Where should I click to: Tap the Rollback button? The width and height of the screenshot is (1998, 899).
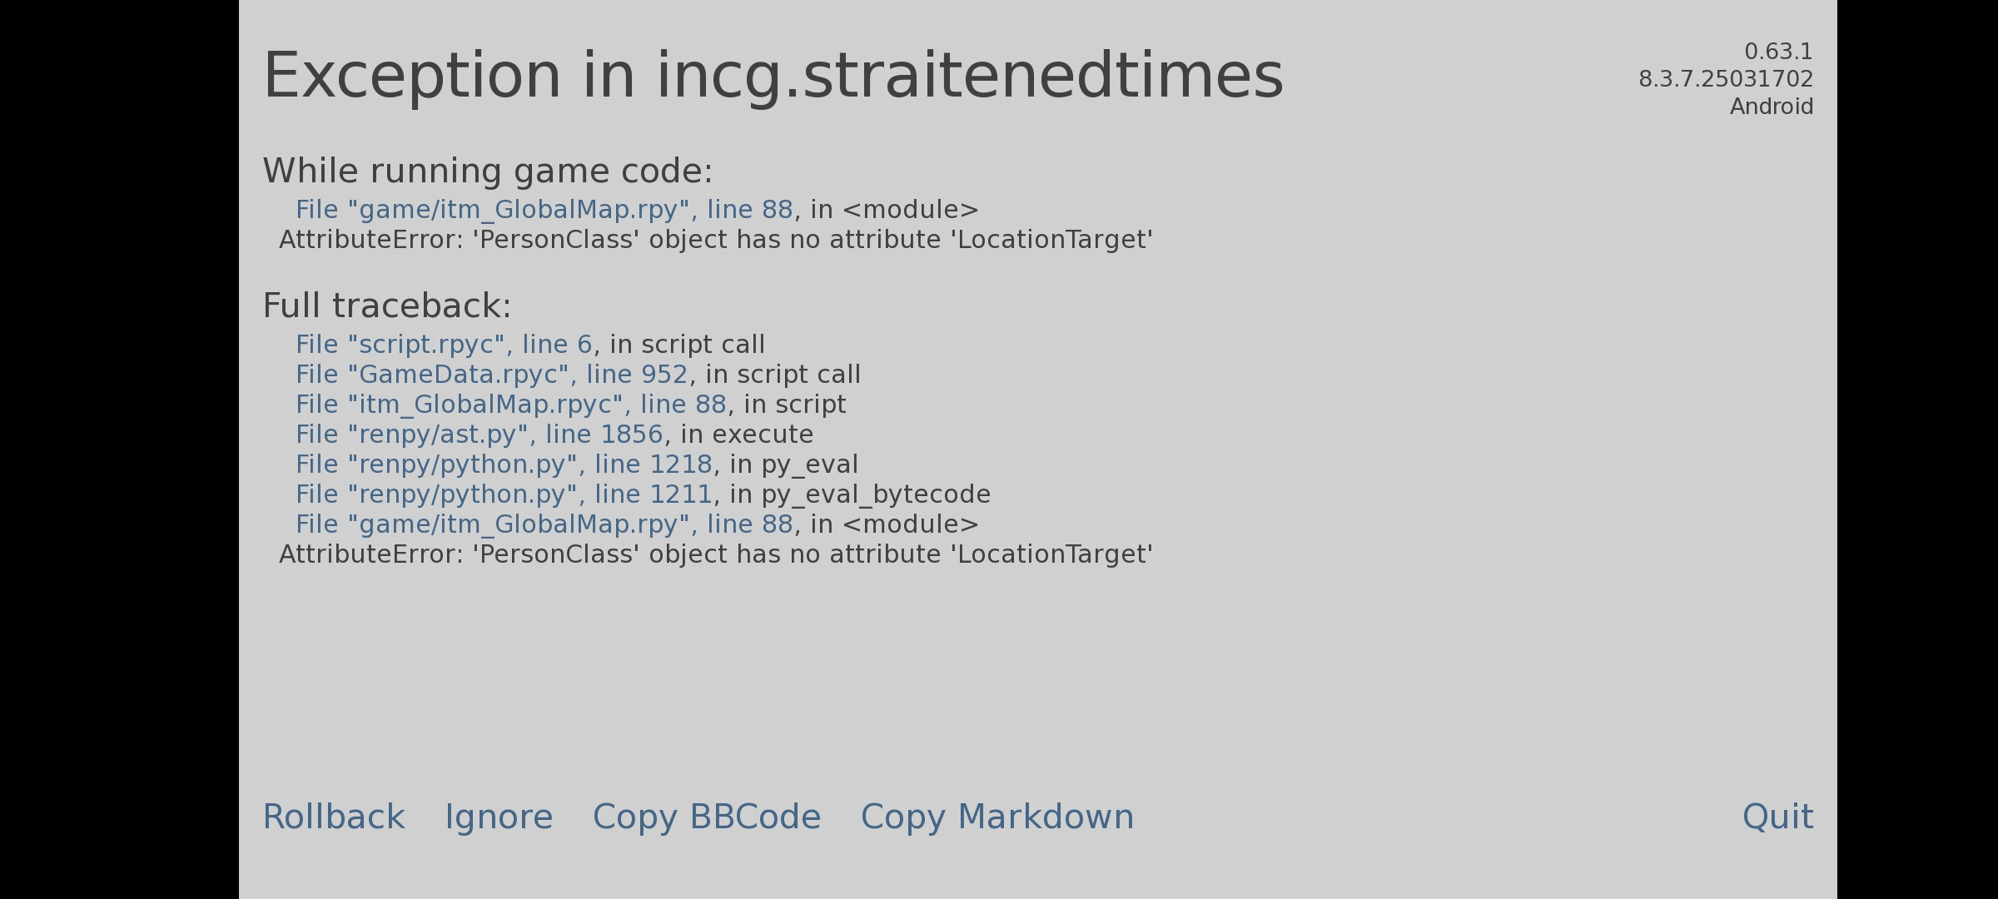tap(334, 817)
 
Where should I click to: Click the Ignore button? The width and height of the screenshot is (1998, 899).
tap(499, 817)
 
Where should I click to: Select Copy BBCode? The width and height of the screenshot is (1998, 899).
tap(707, 817)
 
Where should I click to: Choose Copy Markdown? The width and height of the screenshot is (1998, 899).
tap(997, 817)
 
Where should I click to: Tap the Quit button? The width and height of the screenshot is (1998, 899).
tap(1777, 817)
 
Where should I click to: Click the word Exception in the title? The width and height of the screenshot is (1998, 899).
tap(413, 77)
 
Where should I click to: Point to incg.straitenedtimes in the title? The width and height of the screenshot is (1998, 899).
tap(970, 77)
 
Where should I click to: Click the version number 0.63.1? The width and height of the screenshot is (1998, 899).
tap(1778, 52)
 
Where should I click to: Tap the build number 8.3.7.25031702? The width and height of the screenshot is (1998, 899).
tap(1726, 79)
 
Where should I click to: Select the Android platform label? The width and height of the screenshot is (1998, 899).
tap(1772, 107)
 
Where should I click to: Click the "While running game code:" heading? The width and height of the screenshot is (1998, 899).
tap(488, 171)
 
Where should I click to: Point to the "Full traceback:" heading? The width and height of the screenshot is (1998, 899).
tap(387, 305)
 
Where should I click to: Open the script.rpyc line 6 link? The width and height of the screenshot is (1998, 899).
tap(444, 345)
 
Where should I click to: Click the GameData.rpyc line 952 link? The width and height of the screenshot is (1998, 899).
tap(492, 375)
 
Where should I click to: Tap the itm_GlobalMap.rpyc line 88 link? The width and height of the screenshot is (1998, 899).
tap(511, 405)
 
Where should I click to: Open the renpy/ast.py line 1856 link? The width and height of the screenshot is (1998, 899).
tap(480, 435)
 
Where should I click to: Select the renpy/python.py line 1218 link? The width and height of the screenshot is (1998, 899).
tap(504, 464)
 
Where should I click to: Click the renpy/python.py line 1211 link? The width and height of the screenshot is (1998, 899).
tap(504, 494)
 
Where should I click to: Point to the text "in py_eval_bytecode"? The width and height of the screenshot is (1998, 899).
tap(860, 494)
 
